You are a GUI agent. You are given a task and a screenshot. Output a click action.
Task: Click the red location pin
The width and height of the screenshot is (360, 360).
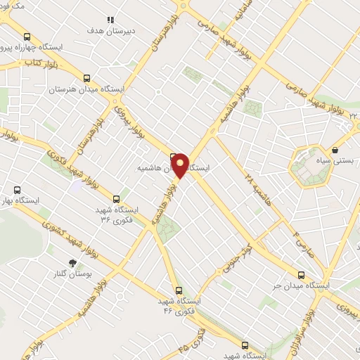point(180,165)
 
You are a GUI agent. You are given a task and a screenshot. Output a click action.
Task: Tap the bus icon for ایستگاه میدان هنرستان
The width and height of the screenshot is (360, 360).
point(86,79)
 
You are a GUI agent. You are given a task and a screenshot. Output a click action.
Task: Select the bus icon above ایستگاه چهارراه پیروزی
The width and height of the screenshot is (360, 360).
point(27,37)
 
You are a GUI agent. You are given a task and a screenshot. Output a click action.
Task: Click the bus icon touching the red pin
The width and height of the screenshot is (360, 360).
point(173,156)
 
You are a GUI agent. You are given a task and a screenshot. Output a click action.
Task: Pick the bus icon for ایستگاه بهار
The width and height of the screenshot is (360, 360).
point(18,189)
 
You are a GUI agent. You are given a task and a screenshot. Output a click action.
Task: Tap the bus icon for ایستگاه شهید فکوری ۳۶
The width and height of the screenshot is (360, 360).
point(124,199)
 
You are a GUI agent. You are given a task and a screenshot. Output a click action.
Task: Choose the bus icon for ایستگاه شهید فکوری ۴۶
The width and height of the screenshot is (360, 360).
point(178,290)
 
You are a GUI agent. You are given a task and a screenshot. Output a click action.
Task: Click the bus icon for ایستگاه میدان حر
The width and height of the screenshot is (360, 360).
point(302,275)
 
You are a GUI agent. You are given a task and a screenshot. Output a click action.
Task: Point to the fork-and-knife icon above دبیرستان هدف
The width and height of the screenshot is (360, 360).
point(110,20)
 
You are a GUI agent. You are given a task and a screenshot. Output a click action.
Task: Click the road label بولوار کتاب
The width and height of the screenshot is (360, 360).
point(40,65)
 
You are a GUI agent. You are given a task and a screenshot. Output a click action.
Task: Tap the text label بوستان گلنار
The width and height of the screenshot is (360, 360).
point(89,274)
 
